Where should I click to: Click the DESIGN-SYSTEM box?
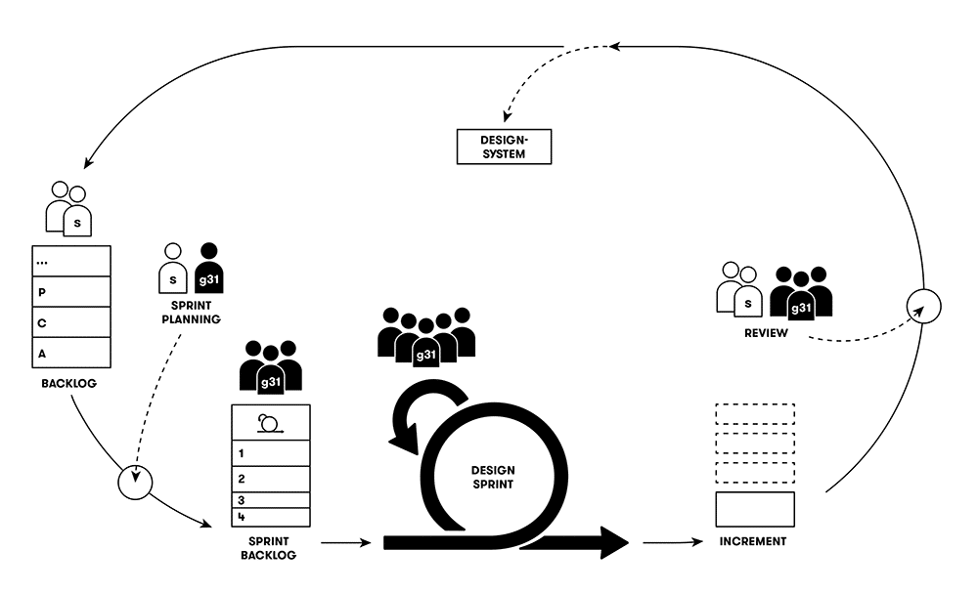504,147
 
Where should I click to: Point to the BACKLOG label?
67,384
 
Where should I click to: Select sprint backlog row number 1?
270,453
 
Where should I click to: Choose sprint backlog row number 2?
270,479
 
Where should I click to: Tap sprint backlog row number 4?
270,516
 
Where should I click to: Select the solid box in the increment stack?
755,509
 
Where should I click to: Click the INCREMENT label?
754,541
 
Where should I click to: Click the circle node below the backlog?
135,481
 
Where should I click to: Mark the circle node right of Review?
923,305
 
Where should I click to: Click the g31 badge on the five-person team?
425,355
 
